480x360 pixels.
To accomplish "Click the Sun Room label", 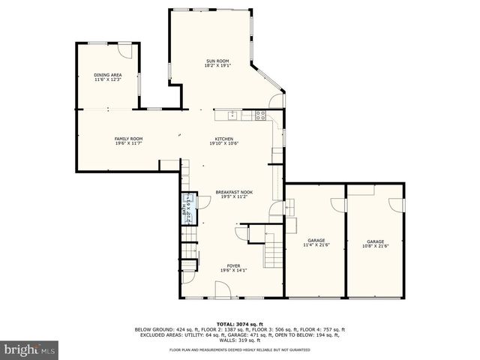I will coord(218,61).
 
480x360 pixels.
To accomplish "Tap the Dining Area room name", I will coord(108,75).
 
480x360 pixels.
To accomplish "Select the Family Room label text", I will coord(128,138).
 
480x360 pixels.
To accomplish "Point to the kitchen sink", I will coord(233,115).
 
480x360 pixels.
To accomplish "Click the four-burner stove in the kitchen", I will coord(260,115).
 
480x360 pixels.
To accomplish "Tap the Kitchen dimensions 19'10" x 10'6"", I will coord(224,143).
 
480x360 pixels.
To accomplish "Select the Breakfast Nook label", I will coord(234,191).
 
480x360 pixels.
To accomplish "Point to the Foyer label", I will coord(235,265).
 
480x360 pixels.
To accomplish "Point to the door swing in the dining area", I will coord(127,52).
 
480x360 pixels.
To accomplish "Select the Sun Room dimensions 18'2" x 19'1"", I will coord(218,65).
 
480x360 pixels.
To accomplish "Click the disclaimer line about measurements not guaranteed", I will coord(238,350).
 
